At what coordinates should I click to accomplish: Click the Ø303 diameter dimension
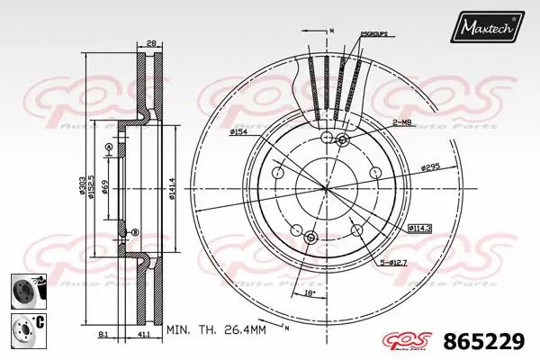[82, 186]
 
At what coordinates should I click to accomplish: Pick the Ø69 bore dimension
[105, 186]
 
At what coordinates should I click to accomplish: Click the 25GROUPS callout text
[373, 33]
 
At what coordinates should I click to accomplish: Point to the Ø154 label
[239, 132]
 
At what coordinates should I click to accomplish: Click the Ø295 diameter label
[430, 167]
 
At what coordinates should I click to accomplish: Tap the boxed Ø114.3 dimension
[418, 229]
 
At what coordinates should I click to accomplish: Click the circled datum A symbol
[109, 147]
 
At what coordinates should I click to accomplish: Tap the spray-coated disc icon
[26, 291]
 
